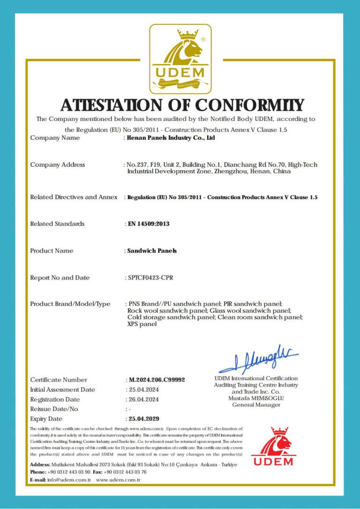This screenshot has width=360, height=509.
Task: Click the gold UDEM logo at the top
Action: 180,59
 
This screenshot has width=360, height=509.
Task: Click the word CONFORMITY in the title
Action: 249,105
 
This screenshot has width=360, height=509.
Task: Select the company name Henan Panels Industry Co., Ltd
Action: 171,138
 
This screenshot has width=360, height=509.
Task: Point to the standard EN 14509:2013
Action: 149,224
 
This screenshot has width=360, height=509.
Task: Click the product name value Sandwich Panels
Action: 152,251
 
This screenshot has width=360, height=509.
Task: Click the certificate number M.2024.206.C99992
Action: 156,380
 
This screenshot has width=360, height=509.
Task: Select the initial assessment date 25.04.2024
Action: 143,390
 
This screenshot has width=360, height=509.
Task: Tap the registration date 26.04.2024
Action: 143,400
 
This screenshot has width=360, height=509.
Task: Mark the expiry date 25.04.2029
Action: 145,419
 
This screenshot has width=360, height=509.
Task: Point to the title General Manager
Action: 256,405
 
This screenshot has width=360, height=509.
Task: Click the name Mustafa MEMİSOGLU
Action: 256,398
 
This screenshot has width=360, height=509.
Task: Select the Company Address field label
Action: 58,165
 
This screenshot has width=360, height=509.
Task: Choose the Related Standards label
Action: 57,224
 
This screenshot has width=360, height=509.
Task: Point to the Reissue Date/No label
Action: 54,409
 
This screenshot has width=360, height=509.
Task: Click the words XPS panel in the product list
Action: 142,324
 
